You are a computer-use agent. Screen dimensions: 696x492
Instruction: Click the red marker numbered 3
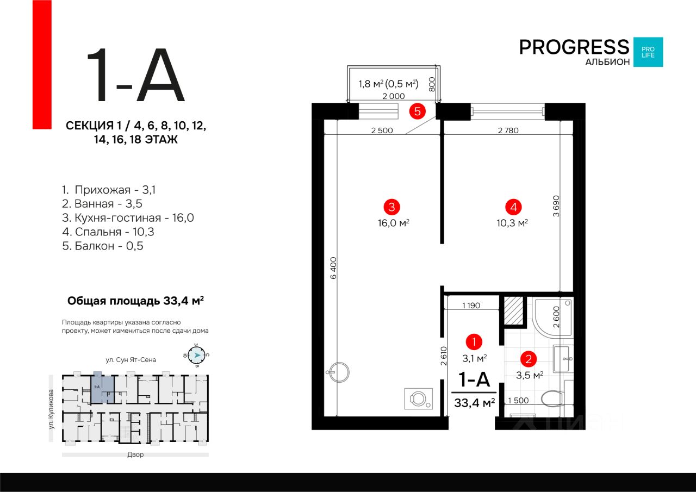tap(391, 207)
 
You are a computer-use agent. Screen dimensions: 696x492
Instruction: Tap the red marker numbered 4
tap(513, 207)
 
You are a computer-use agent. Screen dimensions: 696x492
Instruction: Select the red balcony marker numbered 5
tap(417, 112)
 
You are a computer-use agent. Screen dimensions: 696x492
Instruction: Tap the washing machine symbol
tap(418, 399)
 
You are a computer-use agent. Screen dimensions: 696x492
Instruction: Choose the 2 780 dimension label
tap(508, 130)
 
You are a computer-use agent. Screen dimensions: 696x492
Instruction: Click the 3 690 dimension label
tap(556, 206)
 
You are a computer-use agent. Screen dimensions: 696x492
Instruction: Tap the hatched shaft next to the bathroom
tap(512, 310)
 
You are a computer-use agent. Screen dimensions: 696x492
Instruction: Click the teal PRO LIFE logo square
tap(648, 52)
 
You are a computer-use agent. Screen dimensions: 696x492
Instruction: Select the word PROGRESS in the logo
tap(574, 47)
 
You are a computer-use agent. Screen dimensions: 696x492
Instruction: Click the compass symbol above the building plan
tap(197, 355)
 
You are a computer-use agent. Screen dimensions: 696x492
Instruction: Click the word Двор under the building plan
tap(135, 454)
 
